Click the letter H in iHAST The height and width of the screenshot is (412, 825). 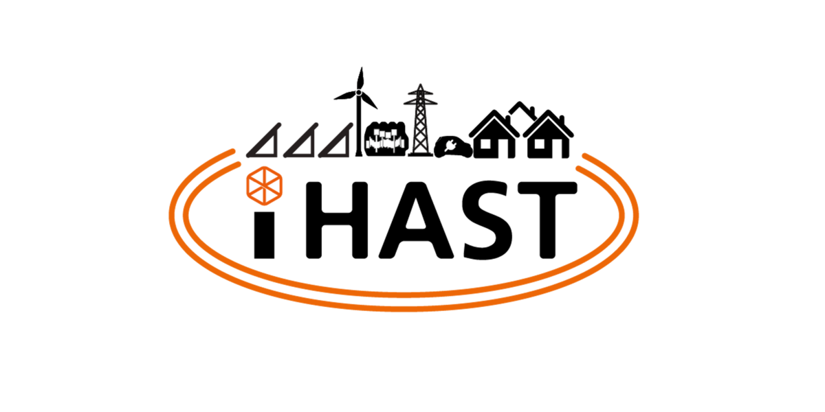(x=337, y=220)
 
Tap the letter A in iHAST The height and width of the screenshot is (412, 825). (x=416, y=220)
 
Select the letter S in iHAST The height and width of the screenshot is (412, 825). (x=488, y=220)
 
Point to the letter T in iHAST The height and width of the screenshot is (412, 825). (x=547, y=220)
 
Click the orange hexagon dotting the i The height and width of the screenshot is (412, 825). (x=265, y=186)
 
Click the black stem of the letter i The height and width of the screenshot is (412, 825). (x=265, y=235)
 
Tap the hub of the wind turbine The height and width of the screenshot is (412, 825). (x=358, y=92)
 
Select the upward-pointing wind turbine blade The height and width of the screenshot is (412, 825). (x=360, y=78)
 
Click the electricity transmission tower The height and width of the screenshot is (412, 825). (x=420, y=120)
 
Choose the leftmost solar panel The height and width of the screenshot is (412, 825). (x=264, y=141)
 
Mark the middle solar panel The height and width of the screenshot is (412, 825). (x=301, y=141)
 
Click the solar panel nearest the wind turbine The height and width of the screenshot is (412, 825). (x=336, y=141)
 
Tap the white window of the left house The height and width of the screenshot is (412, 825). (x=485, y=144)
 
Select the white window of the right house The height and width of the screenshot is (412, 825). (x=540, y=144)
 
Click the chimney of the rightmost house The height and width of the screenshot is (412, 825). (x=562, y=120)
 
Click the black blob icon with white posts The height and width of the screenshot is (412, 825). (x=386, y=140)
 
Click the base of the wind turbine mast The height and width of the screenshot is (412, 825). (x=358, y=155)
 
